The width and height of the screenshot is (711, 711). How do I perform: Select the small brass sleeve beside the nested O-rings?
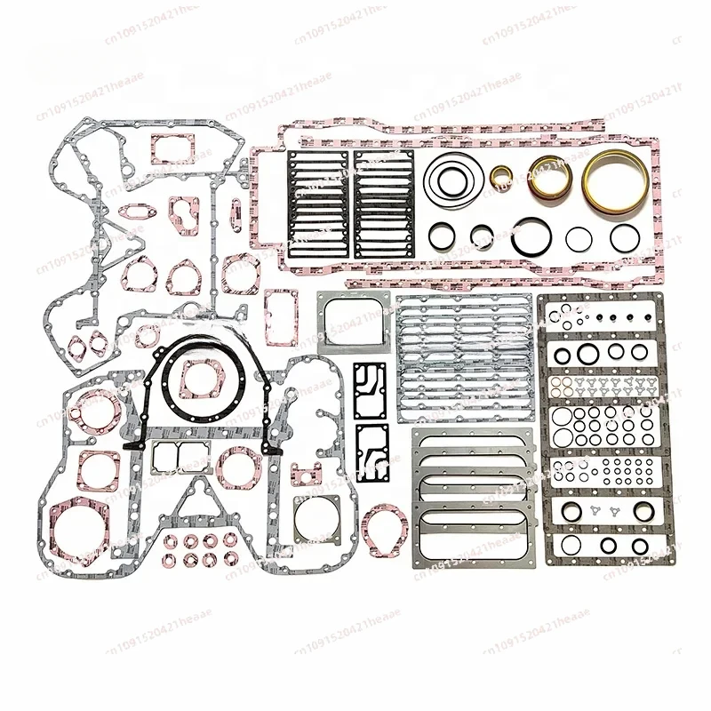pyautogui.click(x=500, y=179)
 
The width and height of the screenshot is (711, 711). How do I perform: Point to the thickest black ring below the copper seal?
pyautogui.click(x=531, y=236)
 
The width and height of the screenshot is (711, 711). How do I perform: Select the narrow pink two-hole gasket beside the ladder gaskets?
pyautogui.click(x=236, y=213)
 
